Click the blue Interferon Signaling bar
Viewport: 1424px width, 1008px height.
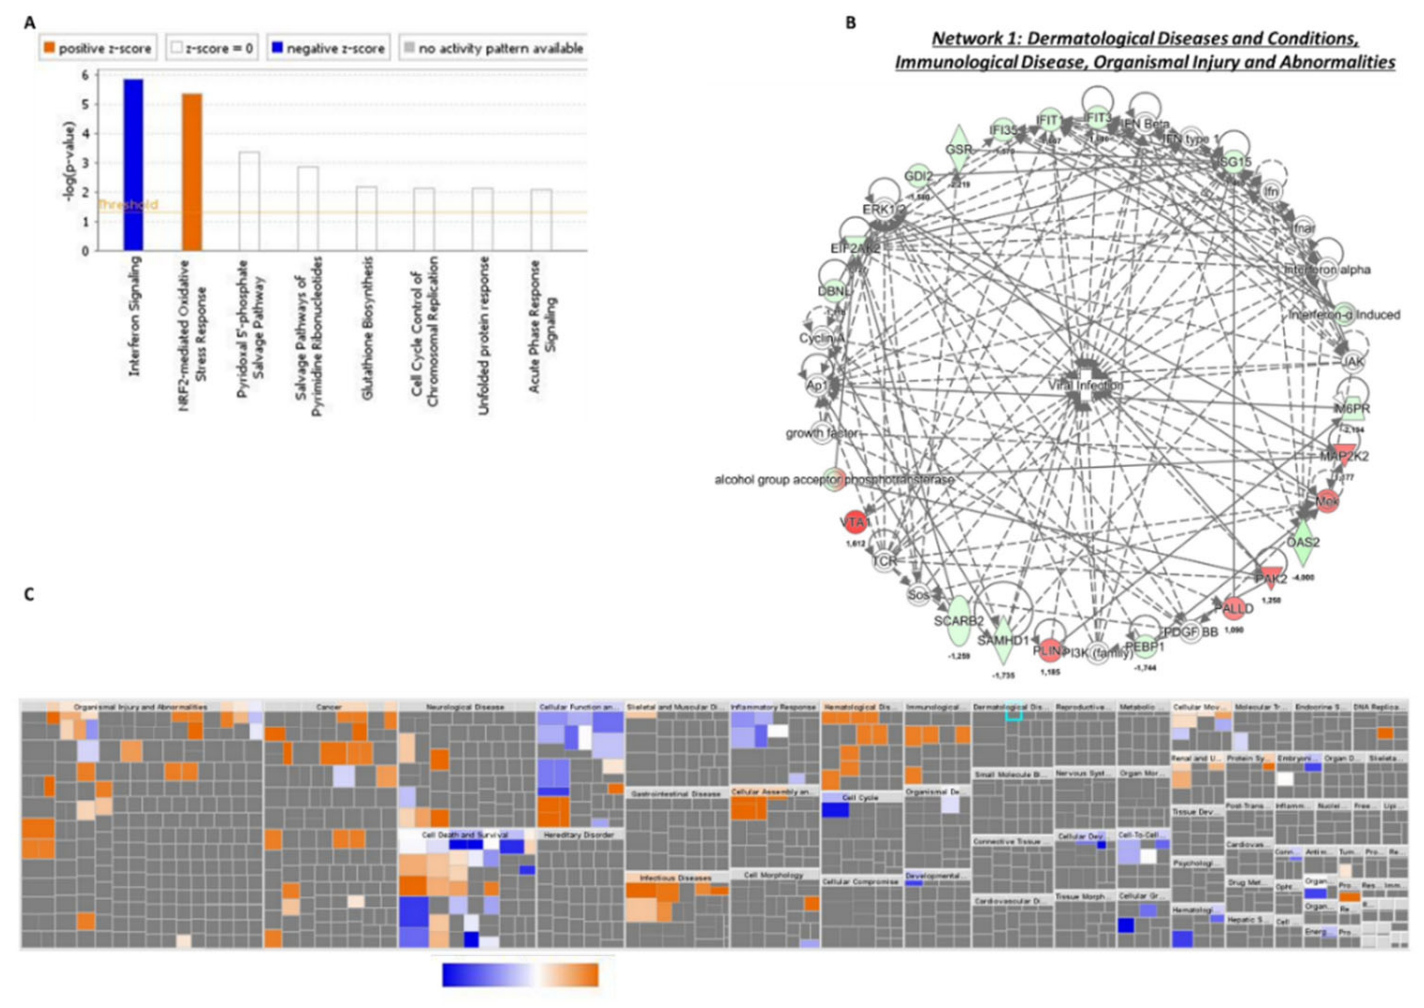click(x=133, y=165)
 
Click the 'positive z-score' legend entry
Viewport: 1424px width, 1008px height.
click(x=97, y=48)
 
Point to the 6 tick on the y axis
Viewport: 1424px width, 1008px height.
click(x=85, y=75)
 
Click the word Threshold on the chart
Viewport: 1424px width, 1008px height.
click(x=128, y=205)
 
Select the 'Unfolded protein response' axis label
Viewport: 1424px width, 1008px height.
click(x=482, y=335)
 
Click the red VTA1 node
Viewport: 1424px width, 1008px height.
click(x=854, y=522)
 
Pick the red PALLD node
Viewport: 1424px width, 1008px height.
click(x=1237, y=609)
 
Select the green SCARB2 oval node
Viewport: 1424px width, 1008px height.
click(x=959, y=621)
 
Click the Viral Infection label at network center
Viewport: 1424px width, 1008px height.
click(x=1085, y=385)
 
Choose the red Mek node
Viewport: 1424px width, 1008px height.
click(x=1327, y=501)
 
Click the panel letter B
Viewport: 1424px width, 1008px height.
click(x=850, y=23)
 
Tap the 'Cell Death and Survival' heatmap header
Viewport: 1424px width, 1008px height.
click(x=465, y=835)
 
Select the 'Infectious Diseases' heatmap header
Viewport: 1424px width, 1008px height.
click(x=675, y=878)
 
